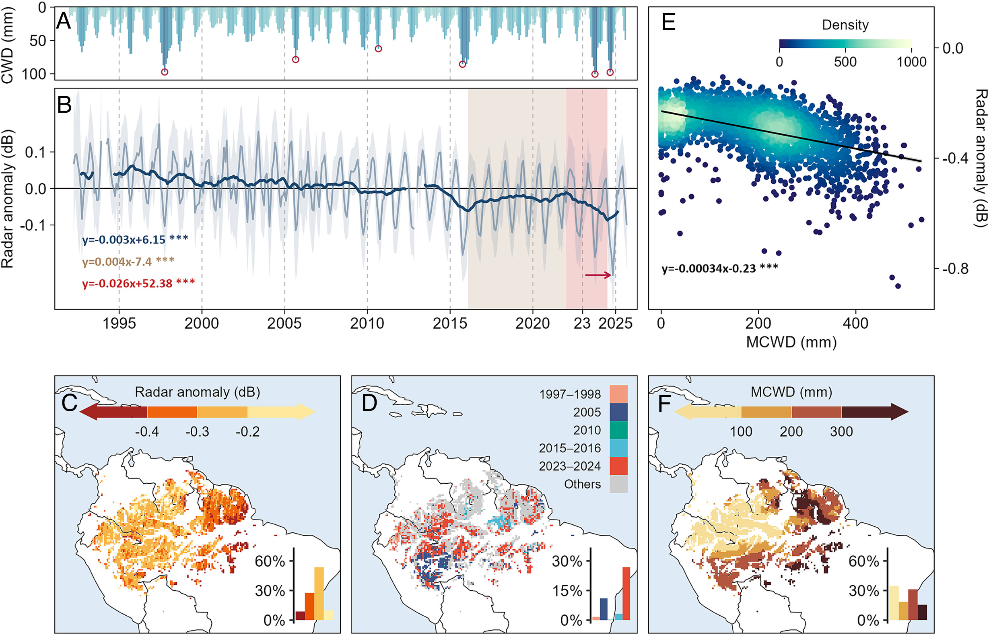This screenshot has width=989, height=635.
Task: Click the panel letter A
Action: point(64,21)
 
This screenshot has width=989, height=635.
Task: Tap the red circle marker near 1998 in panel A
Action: point(165,72)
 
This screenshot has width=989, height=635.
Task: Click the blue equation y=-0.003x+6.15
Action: point(123,239)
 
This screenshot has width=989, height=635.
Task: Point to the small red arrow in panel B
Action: point(598,275)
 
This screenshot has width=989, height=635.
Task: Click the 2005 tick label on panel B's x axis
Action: point(284,323)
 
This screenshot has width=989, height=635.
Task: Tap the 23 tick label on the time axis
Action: point(582,323)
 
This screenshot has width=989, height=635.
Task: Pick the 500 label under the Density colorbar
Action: point(845,62)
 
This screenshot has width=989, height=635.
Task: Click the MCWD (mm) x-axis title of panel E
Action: point(791,342)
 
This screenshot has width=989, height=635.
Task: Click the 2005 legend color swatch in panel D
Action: point(619,412)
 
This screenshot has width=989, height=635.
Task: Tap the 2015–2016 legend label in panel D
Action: point(569,448)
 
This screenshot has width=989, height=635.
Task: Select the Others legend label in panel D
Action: point(582,484)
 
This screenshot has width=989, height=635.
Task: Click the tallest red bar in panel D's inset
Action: point(626,594)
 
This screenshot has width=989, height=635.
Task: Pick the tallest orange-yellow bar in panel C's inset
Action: point(319,594)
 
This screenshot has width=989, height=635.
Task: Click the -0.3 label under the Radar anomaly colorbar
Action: point(197,432)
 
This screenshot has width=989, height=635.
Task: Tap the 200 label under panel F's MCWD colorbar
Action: point(791,432)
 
